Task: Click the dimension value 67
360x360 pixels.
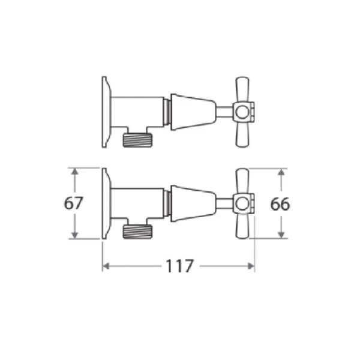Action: click(73, 203)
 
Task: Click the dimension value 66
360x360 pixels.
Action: click(280, 204)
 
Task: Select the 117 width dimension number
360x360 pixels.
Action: click(180, 266)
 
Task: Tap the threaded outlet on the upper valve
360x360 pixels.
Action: click(137, 140)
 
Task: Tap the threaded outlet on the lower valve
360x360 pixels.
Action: click(137, 232)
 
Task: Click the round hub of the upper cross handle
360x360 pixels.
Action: click(242, 112)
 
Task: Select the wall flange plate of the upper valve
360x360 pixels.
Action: click(106, 112)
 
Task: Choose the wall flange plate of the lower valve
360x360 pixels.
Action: click(106, 203)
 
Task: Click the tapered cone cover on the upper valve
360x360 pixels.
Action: click(193, 112)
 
